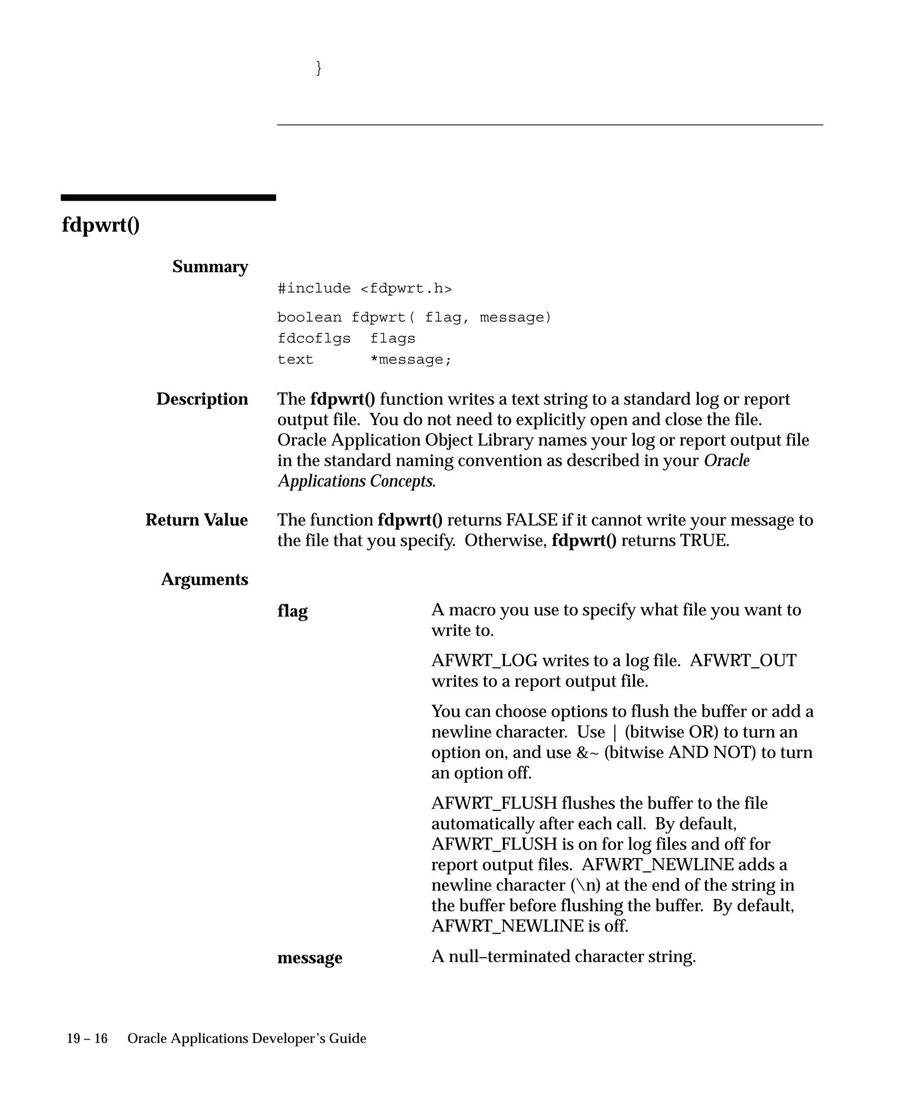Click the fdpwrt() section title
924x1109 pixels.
pyautogui.click(x=100, y=225)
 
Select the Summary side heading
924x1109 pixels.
pyautogui.click(x=210, y=267)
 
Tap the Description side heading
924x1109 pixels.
pyautogui.click(x=202, y=399)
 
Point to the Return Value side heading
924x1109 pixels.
pyautogui.click(x=196, y=520)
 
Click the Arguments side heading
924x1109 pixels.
pyautogui.click(x=204, y=579)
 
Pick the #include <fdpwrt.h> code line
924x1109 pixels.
pyautogui.click(x=364, y=288)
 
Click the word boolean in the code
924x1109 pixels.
pyautogui.click(x=310, y=317)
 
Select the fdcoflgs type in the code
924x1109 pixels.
pyautogui.click(x=314, y=338)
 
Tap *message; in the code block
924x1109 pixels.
pyautogui.click(x=411, y=360)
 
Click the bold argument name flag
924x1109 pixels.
pyautogui.click(x=292, y=611)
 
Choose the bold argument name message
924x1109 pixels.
pyautogui.click(x=310, y=957)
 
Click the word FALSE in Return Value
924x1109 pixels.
pyautogui.click(x=531, y=520)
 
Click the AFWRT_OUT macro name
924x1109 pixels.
pyautogui.click(x=743, y=661)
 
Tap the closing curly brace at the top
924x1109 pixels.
pyautogui.click(x=319, y=68)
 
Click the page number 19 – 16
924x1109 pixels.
pyautogui.click(x=87, y=1039)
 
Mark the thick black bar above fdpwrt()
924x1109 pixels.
pyautogui.click(x=168, y=198)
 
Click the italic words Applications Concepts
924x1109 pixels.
pyautogui.click(x=356, y=481)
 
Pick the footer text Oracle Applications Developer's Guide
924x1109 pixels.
pyautogui.click(x=247, y=1039)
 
